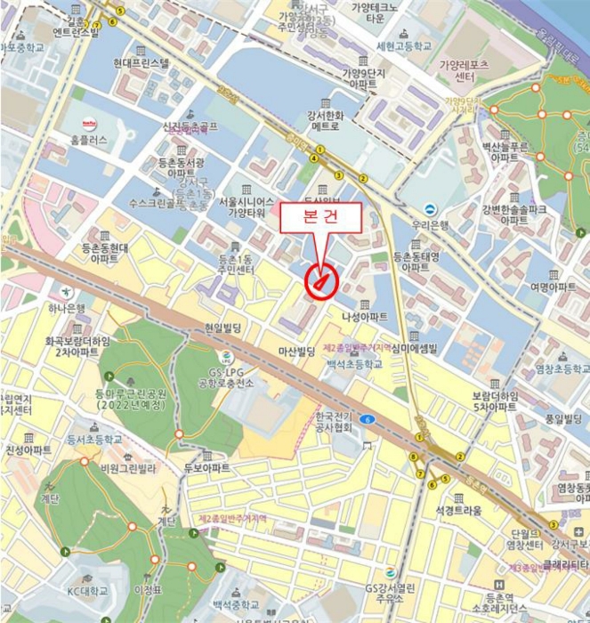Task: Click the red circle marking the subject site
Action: [320, 282]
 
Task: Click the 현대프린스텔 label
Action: [141, 63]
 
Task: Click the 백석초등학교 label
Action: [353, 364]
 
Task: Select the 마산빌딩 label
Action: [297, 352]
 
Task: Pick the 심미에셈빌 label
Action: [420, 349]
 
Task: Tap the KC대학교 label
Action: [86, 590]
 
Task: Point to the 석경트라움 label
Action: [458, 511]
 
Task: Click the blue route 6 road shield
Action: [368, 419]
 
